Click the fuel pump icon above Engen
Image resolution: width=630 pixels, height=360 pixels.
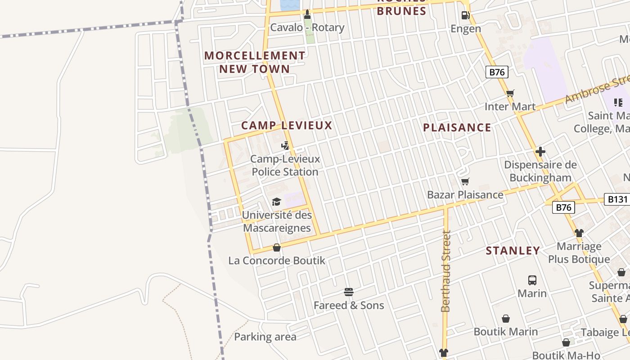click(466, 15)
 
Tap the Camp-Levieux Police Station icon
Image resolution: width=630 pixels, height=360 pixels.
click(285, 145)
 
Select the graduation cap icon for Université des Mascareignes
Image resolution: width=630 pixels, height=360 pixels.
click(276, 202)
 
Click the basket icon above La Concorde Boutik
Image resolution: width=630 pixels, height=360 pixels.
click(277, 247)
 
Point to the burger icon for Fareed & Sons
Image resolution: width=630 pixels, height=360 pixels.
click(349, 292)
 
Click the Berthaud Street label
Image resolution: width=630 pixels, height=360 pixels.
click(446, 271)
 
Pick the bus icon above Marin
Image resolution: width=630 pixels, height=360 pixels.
click(532, 280)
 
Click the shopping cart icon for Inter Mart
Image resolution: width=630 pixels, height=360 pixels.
click(510, 94)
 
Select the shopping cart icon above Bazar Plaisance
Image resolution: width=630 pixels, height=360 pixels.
click(465, 181)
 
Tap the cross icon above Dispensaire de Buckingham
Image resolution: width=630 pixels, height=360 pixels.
click(540, 151)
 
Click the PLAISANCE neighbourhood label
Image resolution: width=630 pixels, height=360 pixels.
click(457, 128)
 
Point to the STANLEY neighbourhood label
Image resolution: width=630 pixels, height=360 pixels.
click(513, 251)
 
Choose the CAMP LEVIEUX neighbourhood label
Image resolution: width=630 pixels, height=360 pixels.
click(287, 126)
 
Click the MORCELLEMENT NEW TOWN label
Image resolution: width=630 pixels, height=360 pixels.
click(255, 62)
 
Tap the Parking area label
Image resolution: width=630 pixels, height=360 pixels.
click(265, 337)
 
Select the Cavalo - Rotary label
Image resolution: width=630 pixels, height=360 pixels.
click(307, 27)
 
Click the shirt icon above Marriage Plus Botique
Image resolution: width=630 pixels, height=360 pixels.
click(579, 233)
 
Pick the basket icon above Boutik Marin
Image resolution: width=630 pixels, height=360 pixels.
click(506, 319)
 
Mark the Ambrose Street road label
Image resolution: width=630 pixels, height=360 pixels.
click(596, 90)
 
